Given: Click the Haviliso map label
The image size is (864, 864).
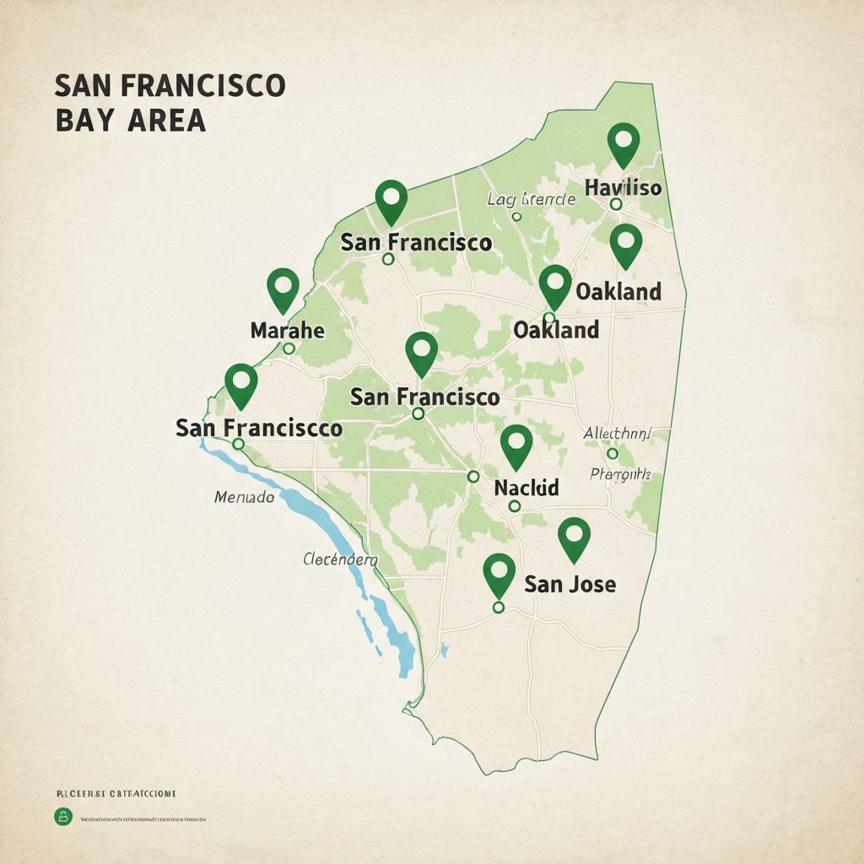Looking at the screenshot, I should coord(623,187).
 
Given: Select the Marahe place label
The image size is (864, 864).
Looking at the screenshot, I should coord(288,330).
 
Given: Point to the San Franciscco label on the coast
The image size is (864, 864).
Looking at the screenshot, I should coord(259,428).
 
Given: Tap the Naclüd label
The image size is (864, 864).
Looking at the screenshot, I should coord(526,488).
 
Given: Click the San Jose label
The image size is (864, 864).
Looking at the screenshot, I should coord(570,583).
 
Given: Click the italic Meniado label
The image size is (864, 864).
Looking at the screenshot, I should coord(244,498).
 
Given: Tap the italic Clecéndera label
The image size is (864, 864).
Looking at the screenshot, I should coord(340,559).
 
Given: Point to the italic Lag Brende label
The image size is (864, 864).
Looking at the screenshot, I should coord(532,200).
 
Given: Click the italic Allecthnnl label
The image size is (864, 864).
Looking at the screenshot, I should coord(618,434).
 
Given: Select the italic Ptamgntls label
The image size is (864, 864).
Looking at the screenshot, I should coord(620,474).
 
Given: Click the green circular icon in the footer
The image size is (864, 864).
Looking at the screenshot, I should coord(63,816).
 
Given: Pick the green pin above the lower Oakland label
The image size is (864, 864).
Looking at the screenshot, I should coord(555,284).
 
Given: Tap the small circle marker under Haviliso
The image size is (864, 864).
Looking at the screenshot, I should coord(616,203).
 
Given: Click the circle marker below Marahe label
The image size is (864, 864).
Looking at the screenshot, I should coord(289,348).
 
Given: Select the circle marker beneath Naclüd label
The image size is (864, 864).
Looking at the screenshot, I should coord(514,506).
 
